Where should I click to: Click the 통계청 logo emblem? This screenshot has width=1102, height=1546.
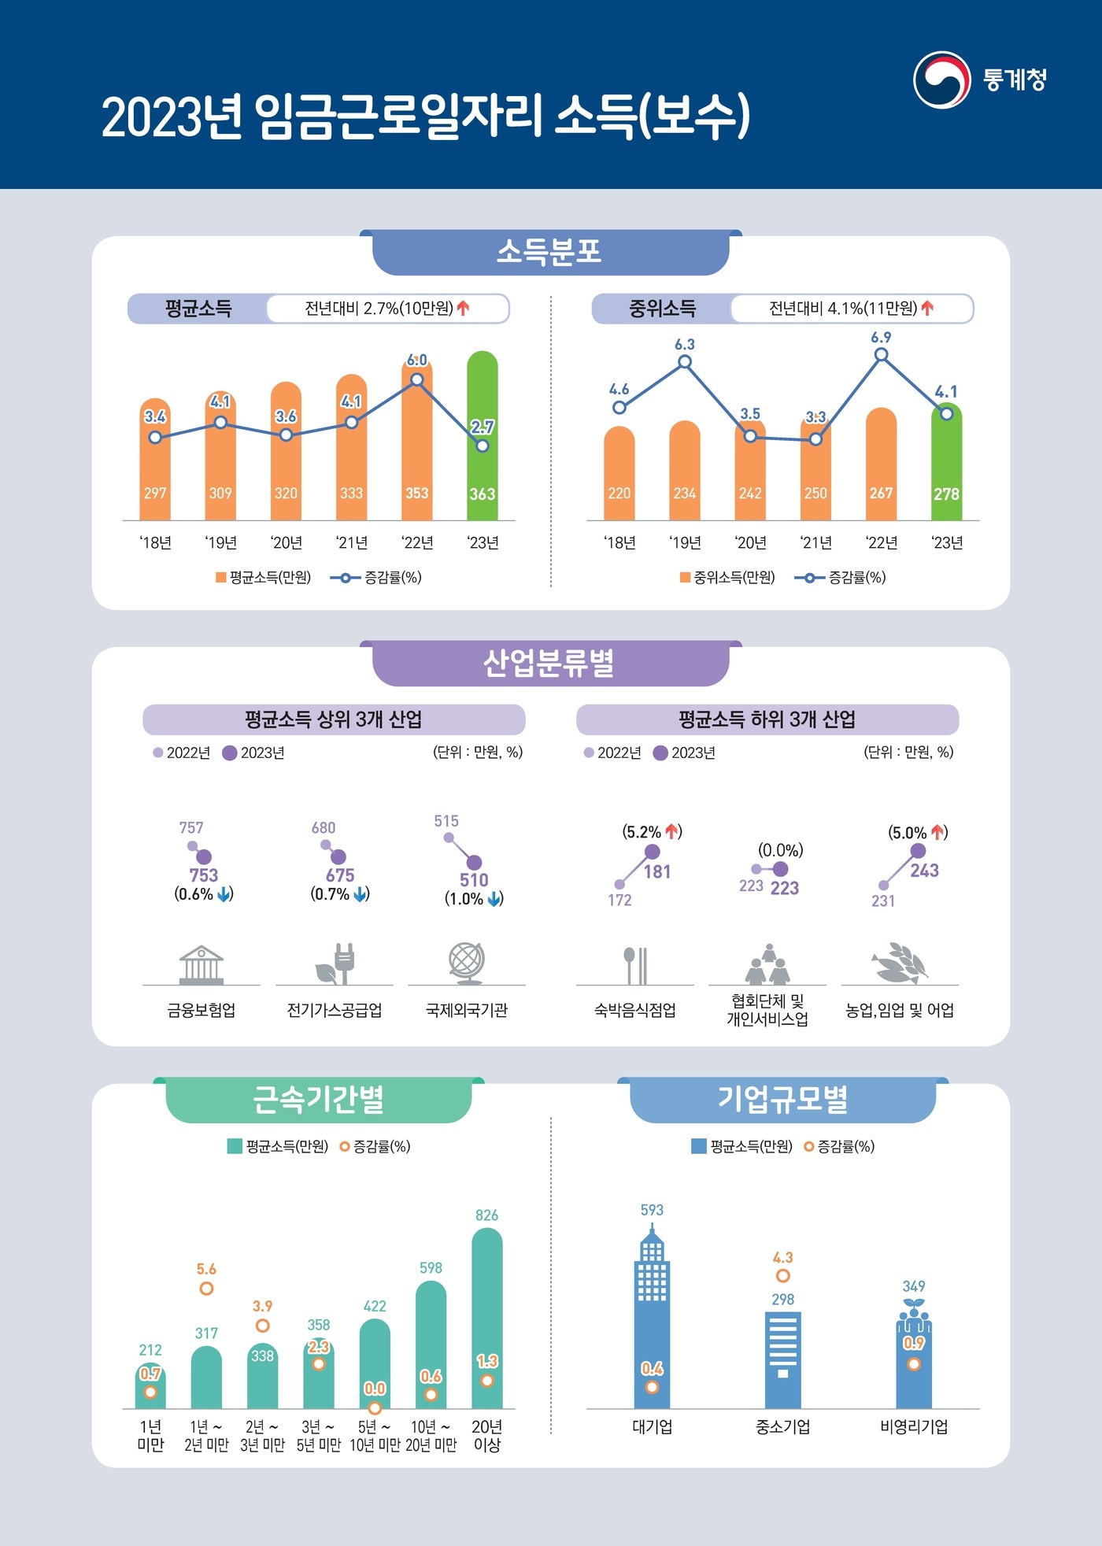pyautogui.click(x=941, y=80)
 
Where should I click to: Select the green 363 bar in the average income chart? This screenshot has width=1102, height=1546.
pyautogui.click(x=483, y=441)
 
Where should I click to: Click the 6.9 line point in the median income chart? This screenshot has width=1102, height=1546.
pyautogui.click(x=882, y=355)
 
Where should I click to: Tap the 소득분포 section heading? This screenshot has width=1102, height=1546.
pyautogui.click(x=549, y=253)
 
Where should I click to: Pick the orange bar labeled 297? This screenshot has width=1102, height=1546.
pyautogui.click(x=155, y=464)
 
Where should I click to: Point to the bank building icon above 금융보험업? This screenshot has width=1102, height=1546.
pyautogui.click(x=202, y=964)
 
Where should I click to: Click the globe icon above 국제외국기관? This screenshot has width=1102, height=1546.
pyautogui.click(x=466, y=962)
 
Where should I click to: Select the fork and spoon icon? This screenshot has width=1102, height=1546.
pyautogui.click(x=635, y=965)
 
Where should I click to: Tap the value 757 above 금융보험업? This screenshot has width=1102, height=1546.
pyautogui.click(x=191, y=827)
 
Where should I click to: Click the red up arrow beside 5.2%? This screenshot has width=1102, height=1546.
pyautogui.click(x=671, y=831)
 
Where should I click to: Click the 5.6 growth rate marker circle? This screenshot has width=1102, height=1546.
pyautogui.click(x=206, y=1289)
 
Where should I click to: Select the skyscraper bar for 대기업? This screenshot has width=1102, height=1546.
pyautogui.click(x=652, y=1322)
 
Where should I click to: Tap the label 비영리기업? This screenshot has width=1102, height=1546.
pyautogui.click(x=914, y=1427)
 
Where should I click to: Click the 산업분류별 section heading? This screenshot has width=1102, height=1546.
pyautogui.click(x=549, y=664)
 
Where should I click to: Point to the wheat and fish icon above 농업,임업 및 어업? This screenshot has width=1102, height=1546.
pyautogui.click(x=900, y=963)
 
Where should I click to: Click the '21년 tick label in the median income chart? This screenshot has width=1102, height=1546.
pyautogui.click(x=815, y=543)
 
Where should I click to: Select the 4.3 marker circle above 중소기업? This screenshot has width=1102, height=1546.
pyautogui.click(x=782, y=1276)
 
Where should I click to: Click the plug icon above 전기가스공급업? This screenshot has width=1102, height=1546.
pyautogui.click(x=335, y=963)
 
